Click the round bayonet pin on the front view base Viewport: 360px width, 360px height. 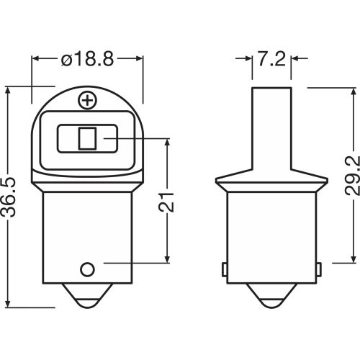(88, 269)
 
